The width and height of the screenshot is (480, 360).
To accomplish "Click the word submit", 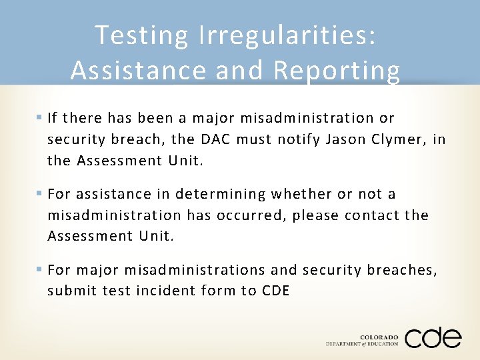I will [71, 291].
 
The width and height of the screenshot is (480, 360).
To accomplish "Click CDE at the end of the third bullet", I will [275, 291].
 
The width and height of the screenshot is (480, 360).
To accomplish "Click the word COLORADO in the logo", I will [378, 337].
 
